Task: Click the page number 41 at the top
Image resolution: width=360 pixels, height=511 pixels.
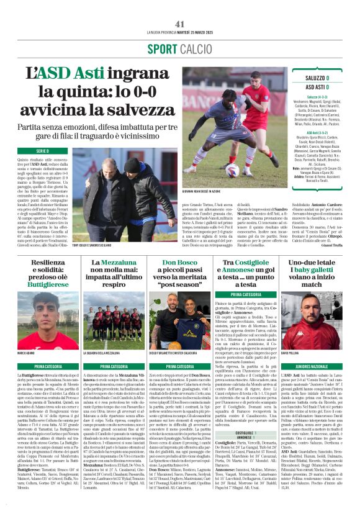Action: click(x=180, y=24)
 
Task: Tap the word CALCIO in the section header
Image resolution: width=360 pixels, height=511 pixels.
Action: click(x=194, y=49)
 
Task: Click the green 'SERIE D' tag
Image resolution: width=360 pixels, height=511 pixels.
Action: click(x=42, y=151)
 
